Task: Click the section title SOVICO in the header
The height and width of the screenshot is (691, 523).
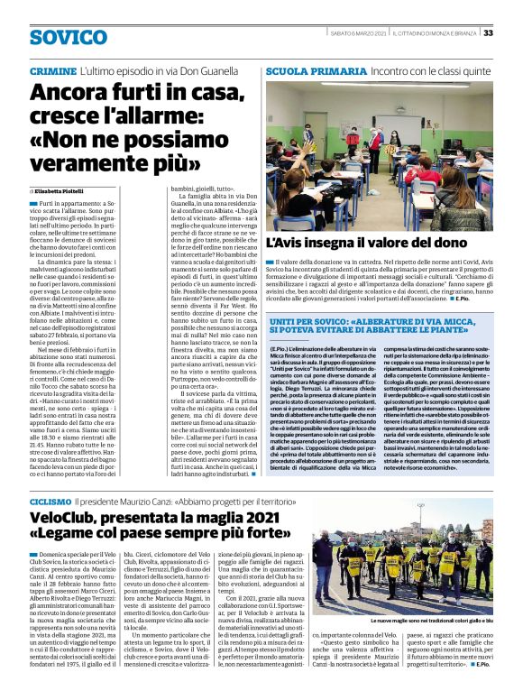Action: (68, 37)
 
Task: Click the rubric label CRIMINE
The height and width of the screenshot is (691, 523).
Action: (52, 70)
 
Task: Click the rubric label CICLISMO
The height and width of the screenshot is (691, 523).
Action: (50, 499)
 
